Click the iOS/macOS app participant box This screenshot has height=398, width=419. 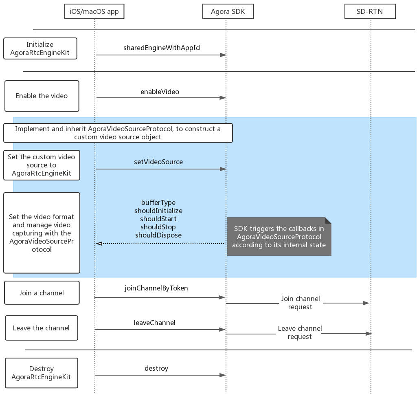(x=94, y=11)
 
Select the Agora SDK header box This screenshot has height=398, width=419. (x=228, y=11)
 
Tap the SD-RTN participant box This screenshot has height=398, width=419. (x=370, y=11)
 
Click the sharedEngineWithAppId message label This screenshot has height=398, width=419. (x=161, y=48)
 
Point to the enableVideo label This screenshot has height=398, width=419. (x=160, y=92)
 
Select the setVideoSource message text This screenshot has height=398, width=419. (x=158, y=162)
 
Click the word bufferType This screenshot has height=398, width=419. (x=158, y=202)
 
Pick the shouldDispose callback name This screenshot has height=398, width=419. (x=158, y=235)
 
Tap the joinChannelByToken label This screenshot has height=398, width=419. (x=156, y=288)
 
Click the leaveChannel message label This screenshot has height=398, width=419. (x=154, y=323)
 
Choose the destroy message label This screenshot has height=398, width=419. (x=156, y=368)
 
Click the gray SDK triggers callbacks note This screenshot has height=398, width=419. (x=279, y=237)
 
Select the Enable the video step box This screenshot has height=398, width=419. (x=42, y=96)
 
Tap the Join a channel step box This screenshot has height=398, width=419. (x=42, y=292)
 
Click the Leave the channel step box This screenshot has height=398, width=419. (x=42, y=328)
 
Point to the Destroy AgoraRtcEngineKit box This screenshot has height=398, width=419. (x=42, y=373)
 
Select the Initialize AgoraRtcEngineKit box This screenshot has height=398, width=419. (x=40, y=48)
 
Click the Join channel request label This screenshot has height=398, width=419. (x=301, y=303)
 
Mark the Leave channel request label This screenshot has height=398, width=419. (x=300, y=332)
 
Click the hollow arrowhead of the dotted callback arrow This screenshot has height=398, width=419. (x=99, y=244)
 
